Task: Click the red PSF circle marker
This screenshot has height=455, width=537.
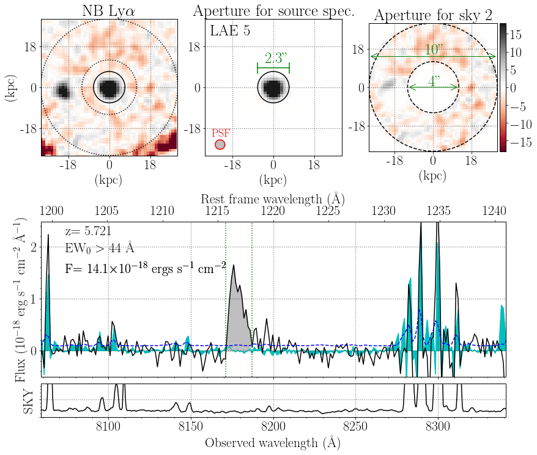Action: pyautogui.click(x=220, y=145)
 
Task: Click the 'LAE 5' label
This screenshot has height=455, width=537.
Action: pyautogui.click(x=230, y=31)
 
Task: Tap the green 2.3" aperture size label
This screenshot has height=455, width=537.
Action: pyautogui.click(x=273, y=59)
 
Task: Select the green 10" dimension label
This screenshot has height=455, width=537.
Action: pyautogui.click(x=433, y=49)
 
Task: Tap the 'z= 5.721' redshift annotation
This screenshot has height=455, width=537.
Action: pyautogui.click(x=89, y=231)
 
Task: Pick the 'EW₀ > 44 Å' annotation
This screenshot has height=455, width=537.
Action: pyautogui.click(x=99, y=248)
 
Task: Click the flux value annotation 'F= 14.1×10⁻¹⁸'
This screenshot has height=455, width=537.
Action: pyautogui.click(x=146, y=268)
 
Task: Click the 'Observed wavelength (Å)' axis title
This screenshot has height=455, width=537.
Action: pyautogui.click(x=272, y=442)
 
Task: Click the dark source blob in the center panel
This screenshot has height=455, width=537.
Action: pyautogui.click(x=273, y=88)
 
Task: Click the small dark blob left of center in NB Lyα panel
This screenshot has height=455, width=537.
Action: pyautogui.click(x=62, y=92)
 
